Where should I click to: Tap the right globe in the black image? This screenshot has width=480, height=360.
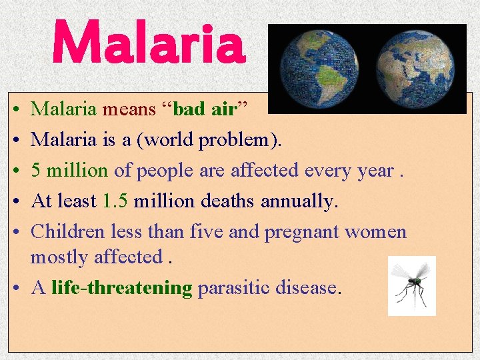point(415,68)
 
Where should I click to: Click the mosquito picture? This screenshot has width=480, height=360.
point(412,285)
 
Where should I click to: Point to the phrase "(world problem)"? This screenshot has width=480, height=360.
point(223,140)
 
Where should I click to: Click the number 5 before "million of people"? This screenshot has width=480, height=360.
point(37,170)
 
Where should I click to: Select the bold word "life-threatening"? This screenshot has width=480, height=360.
point(121,288)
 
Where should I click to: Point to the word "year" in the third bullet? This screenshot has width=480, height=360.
point(375,171)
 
